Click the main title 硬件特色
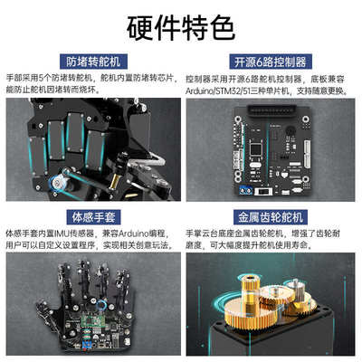pyautogui.click(x=181, y=30)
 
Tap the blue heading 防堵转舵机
pyautogui.click(x=91, y=62)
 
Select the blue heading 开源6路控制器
pyautogui.click(x=269, y=62)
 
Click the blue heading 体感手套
pyautogui.click(x=91, y=217)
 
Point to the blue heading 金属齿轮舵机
pyautogui.click(x=269, y=217)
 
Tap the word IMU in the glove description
pyautogui.click(x=64, y=233)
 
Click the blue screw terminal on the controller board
pyautogui.click(x=245, y=193)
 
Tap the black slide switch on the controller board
pyautogui.click(x=268, y=192)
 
